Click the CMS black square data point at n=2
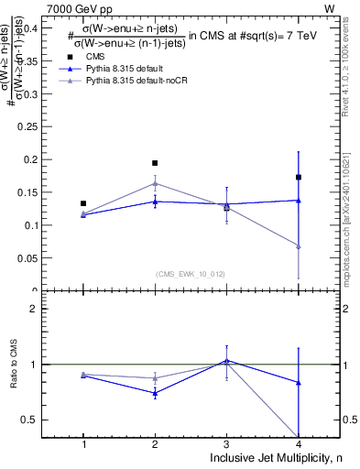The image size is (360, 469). [155, 163]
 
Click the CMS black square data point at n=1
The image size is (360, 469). [83, 203]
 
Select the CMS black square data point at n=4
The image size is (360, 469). [299, 177]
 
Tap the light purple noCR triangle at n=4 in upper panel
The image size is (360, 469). [299, 245]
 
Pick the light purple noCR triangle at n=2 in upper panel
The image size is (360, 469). [155, 183]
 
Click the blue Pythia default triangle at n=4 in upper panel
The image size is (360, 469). [299, 200]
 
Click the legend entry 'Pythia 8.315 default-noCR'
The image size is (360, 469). [137, 81]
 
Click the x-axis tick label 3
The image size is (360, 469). [226, 444]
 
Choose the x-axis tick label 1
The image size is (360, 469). [83, 444]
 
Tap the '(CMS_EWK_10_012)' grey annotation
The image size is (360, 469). [191, 273]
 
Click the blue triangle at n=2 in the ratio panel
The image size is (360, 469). [155, 393]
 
